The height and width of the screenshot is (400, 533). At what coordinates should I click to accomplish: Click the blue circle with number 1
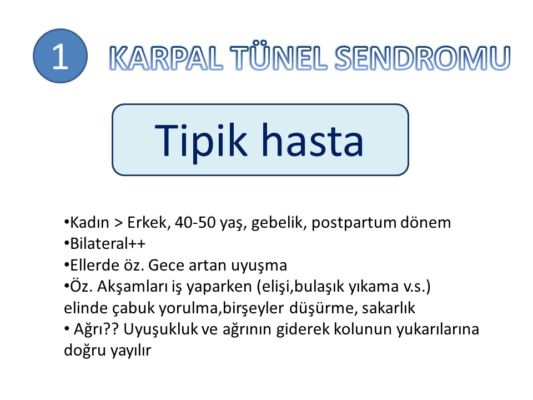point(60,56)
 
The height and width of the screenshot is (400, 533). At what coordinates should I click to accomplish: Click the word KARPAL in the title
point(166,58)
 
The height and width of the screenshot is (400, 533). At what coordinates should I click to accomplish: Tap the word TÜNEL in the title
point(279,57)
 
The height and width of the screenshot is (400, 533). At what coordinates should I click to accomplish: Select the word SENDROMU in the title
point(423,58)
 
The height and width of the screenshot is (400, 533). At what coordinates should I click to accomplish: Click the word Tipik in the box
point(200,141)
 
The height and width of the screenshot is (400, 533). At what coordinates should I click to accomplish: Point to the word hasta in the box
point(313,140)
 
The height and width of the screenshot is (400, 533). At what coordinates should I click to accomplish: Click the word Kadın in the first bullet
point(89,222)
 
